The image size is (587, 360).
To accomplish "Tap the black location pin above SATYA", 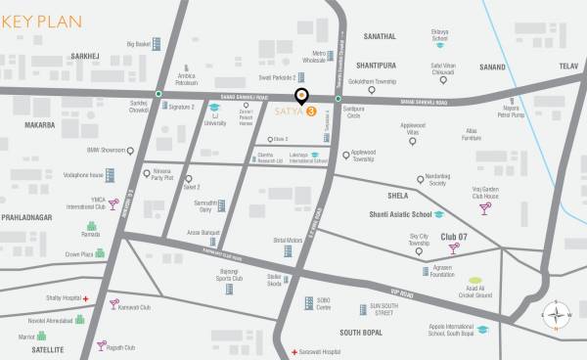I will click(x=301, y=96).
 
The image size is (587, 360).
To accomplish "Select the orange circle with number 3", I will click(x=311, y=112).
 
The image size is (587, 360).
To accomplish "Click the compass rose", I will click(x=558, y=315).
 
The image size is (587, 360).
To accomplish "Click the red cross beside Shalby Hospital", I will click(x=86, y=297).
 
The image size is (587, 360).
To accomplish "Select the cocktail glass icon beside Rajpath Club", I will click(x=101, y=345).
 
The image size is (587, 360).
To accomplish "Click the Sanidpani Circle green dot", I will click(x=339, y=99).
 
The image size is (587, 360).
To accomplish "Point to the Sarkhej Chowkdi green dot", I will click(x=158, y=94).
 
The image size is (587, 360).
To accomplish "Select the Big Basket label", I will click(x=143, y=44).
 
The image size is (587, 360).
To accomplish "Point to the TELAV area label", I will click(x=566, y=67).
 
